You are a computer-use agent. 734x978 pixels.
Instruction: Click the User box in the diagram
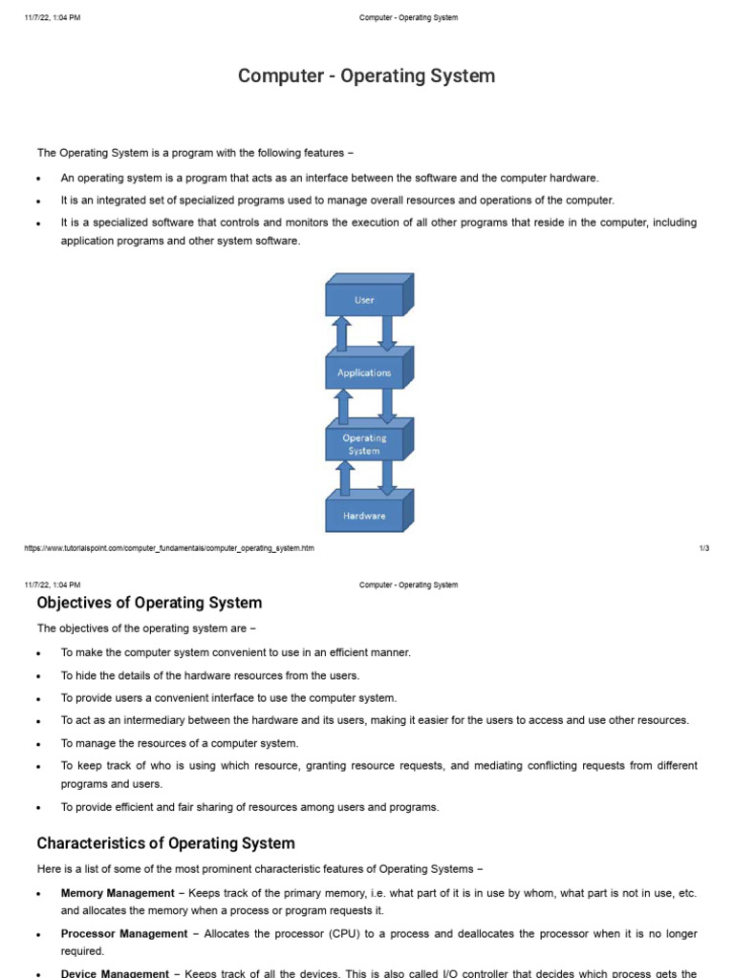click(x=364, y=300)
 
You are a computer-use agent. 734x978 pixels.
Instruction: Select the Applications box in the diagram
click(x=364, y=372)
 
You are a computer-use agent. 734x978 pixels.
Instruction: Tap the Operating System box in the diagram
click(x=364, y=444)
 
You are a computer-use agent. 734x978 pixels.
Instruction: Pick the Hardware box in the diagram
click(x=364, y=516)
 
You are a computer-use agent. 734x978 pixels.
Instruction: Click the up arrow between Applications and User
click(x=341, y=335)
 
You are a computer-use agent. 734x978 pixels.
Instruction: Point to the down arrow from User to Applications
click(x=387, y=332)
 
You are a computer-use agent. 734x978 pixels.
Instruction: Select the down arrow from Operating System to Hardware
click(x=387, y=477)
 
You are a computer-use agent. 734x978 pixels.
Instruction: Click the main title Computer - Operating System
click(x=367, y=75)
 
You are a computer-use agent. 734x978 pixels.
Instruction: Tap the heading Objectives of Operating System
click(x=149, y=603)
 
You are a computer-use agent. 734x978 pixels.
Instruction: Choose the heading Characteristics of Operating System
click(x=165, y=843)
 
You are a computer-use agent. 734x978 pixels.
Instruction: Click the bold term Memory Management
click(x=118, y=893)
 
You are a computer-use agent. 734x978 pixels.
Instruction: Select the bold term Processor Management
click(x=124, y=933)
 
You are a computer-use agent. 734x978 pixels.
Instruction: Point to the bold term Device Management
click(x=115, y=973)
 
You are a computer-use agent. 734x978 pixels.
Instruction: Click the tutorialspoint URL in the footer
click(x=169, y=548)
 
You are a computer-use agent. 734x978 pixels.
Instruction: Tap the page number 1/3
click(x=703, y=548)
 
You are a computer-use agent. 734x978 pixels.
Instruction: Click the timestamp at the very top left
click(x=53, y=17)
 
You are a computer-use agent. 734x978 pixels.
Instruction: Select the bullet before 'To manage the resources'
click(x=38, y=744)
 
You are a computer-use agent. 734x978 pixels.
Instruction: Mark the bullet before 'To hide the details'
click(x=38, y=676)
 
